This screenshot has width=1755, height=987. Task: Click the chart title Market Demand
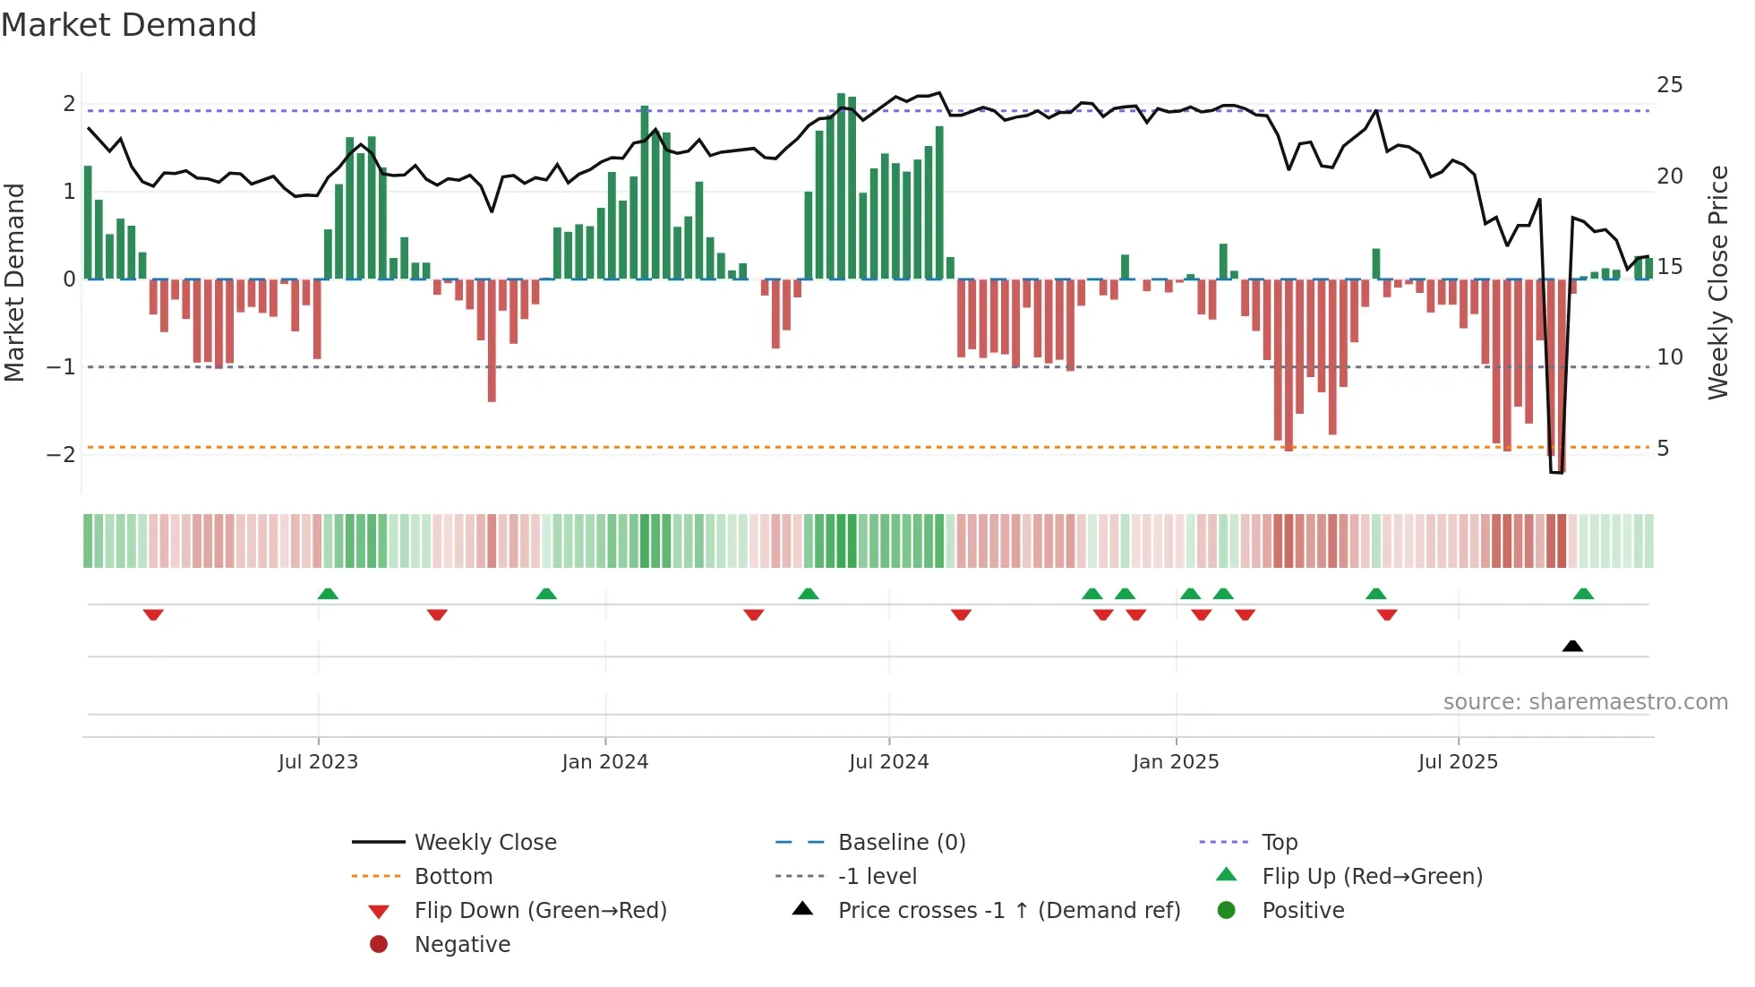click(x=129, y=25)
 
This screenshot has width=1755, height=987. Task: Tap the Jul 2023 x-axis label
click(x=318, y=762)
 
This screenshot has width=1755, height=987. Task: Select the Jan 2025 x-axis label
click(x=1176, y=762)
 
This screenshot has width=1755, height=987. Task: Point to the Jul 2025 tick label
click(x=1458, y=762)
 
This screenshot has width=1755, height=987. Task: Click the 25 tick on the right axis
click(x=1669, y=85)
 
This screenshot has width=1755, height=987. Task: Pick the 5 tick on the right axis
click(x=1663, y=449)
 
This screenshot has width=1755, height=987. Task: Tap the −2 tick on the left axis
click(x=61, y=455)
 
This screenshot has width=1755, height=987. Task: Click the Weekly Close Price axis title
click(x=1717, y=282)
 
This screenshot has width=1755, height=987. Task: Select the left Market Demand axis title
click(x=14, y=282)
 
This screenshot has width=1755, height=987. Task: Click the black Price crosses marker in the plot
click(x=1572, y=646)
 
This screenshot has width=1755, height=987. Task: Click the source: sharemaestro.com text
click(x=1585, y=702)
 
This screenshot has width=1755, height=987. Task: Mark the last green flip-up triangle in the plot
click(x=1583, y=594)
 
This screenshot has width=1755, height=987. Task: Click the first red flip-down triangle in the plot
click(x=153, y=614)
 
